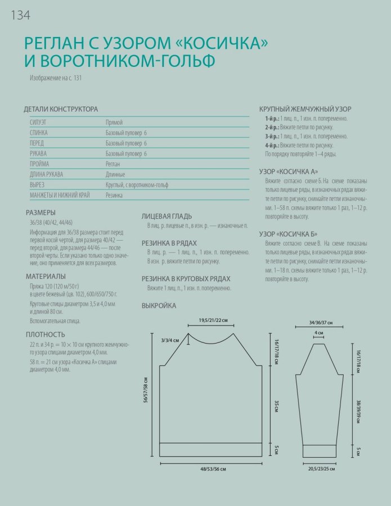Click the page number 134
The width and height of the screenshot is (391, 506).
20,15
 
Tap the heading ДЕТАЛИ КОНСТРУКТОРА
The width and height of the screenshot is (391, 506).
61,109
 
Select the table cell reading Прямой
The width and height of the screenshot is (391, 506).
114,122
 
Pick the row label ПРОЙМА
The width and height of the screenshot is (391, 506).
39,164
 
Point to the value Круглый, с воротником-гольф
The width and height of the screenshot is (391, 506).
137,184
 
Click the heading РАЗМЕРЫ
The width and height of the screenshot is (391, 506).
41,213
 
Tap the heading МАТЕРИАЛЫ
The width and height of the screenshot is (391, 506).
46,276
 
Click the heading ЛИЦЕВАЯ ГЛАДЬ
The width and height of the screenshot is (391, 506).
167,215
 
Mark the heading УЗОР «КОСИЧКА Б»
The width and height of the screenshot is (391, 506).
288,233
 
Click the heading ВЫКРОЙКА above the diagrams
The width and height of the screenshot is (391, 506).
159,306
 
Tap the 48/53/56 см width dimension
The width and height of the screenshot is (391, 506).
212,469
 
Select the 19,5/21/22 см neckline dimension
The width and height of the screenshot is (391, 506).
213,320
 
